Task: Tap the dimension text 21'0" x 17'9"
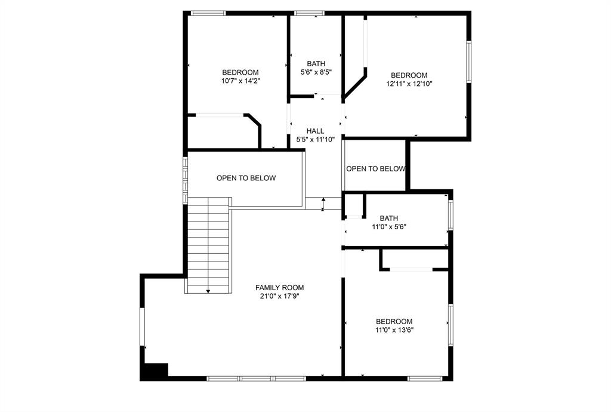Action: (279, 296)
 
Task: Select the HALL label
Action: (315, 131)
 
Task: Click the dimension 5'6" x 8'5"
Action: (316, 72)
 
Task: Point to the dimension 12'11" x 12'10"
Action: (409, 84)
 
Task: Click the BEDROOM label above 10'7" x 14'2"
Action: (240, 72)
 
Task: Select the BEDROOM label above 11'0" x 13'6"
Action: (394, 321)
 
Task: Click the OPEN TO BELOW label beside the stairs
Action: (246, 178)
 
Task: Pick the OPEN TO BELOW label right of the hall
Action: (376, 169)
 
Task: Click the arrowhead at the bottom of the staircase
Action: (208, 291)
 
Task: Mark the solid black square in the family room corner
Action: (155, 371)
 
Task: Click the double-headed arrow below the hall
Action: (323, 204)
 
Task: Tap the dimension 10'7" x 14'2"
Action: (240, 81)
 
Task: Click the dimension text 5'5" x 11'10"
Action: (315, 139)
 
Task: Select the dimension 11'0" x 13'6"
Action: (394, 330)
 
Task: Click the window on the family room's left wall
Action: (143, 327)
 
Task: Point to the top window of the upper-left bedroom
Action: (208, 13)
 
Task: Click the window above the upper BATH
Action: (310, 13)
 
